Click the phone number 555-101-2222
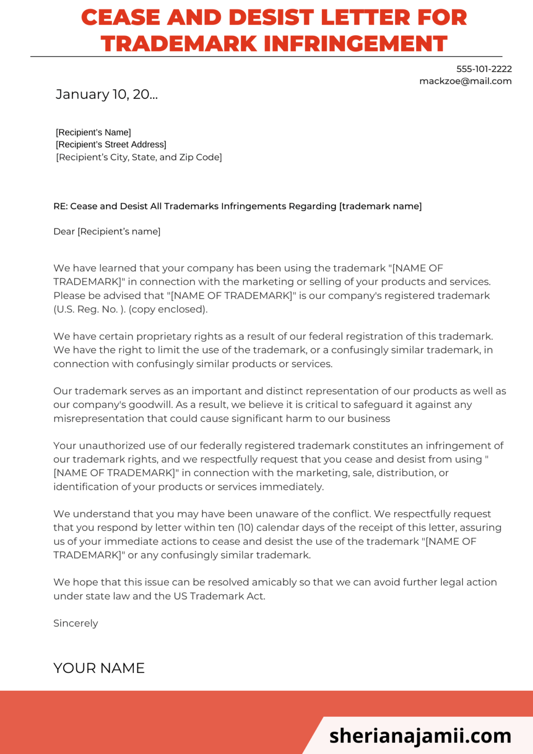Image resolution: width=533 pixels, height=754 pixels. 484,69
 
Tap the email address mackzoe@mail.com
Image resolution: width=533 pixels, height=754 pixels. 465,81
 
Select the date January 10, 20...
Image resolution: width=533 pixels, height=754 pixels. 107,94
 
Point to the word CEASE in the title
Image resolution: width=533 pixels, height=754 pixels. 120,18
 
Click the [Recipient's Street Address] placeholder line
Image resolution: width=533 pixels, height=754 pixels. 111,145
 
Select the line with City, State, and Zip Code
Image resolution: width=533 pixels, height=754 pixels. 139,158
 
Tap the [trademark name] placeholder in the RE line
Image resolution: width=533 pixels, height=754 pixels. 380,207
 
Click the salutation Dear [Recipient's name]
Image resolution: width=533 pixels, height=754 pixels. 107,232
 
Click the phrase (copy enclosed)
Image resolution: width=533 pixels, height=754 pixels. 168,310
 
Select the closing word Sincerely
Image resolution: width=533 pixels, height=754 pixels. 76,623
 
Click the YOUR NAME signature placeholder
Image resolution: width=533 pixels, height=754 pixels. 99,668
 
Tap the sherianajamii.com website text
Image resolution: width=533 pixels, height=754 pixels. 420,736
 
